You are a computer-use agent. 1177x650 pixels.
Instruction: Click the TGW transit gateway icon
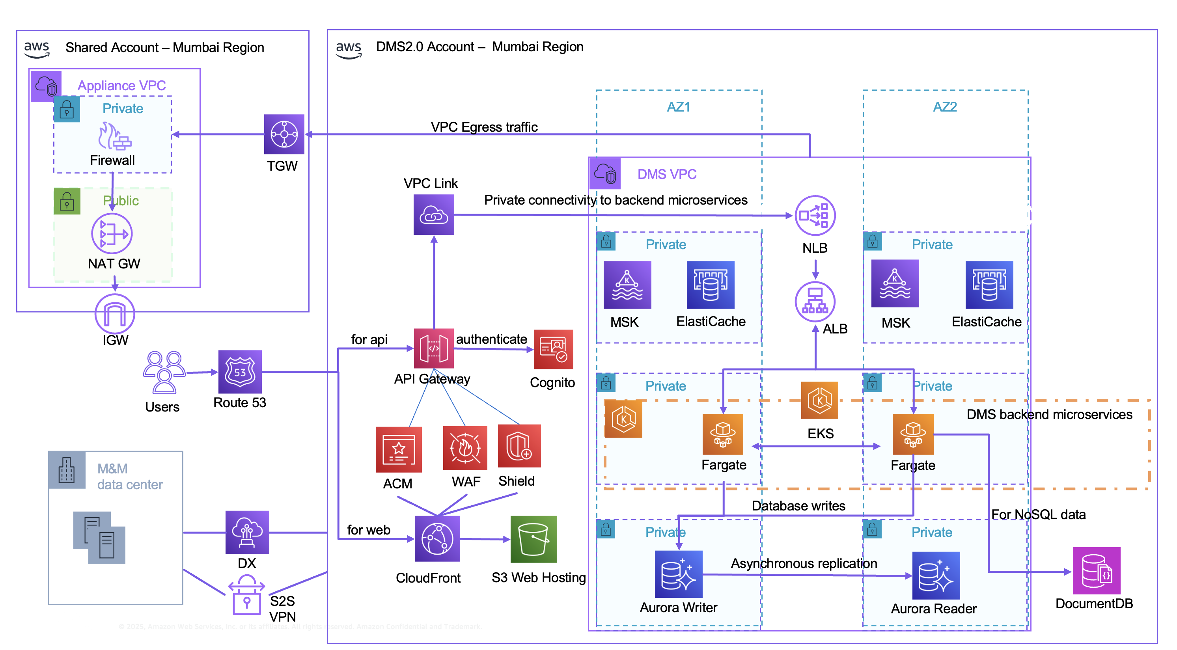[x=284, y=134]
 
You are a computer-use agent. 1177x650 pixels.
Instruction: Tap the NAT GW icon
[x=112, y=234]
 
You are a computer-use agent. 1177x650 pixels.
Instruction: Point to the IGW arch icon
[x=115, y=314]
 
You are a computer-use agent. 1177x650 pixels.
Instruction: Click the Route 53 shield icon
[x=240, y=372]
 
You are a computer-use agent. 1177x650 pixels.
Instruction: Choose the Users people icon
[x=164, y=372]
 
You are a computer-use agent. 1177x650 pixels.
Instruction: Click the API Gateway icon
[x=434, y=348]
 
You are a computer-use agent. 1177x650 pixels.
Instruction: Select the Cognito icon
[x=553, y=349]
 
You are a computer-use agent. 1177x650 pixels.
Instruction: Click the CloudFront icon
[x=437, y=539]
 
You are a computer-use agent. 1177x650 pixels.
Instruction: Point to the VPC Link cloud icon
[x=434, y=215]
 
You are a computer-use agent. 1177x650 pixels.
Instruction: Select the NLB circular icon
[x=815, y=216]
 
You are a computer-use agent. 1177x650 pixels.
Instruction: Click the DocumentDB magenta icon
[x=1096, y=570]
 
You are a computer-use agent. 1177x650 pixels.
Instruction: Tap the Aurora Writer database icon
[x=678, y=574]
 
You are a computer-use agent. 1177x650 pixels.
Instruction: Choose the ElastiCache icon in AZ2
[x=989, y=285]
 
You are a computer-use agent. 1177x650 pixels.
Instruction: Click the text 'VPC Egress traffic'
[x=484, y=127]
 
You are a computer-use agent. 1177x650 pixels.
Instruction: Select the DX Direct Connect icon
[x=247, y=533]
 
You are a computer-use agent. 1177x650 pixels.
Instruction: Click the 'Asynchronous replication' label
[x=803, y=563]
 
